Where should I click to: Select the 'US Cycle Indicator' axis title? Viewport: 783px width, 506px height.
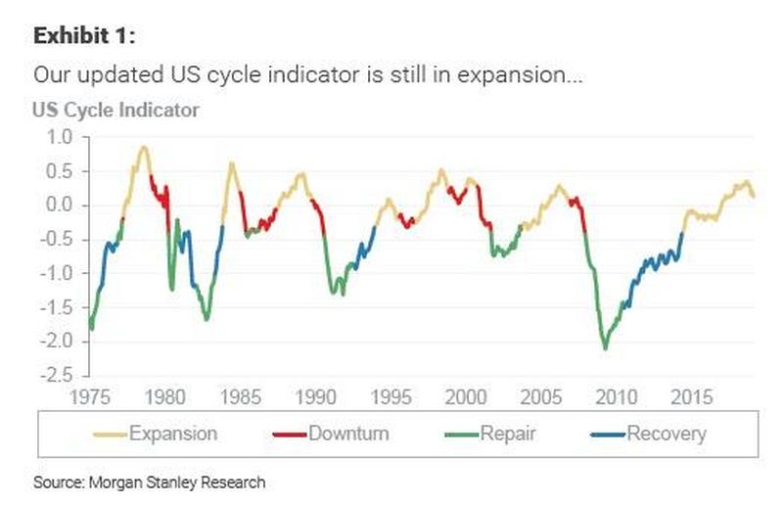(x=115, y=109)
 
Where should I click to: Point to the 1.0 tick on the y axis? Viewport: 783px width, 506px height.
(x=60, y=137)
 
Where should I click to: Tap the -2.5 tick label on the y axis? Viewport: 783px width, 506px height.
(x=55, y=375)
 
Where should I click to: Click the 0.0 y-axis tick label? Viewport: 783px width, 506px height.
(x=60, y=206)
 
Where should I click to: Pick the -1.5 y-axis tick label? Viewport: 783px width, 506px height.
(x=55, y=307)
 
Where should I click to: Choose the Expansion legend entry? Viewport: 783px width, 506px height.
(x=172, y=433)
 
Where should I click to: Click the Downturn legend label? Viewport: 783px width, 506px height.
(x=347, y=433)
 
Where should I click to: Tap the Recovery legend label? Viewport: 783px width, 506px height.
(x=666, y=433)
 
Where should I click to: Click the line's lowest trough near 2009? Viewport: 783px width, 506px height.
(x=605, y=347)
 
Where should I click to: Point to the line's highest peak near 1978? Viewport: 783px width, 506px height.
(x=144, y=148)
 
